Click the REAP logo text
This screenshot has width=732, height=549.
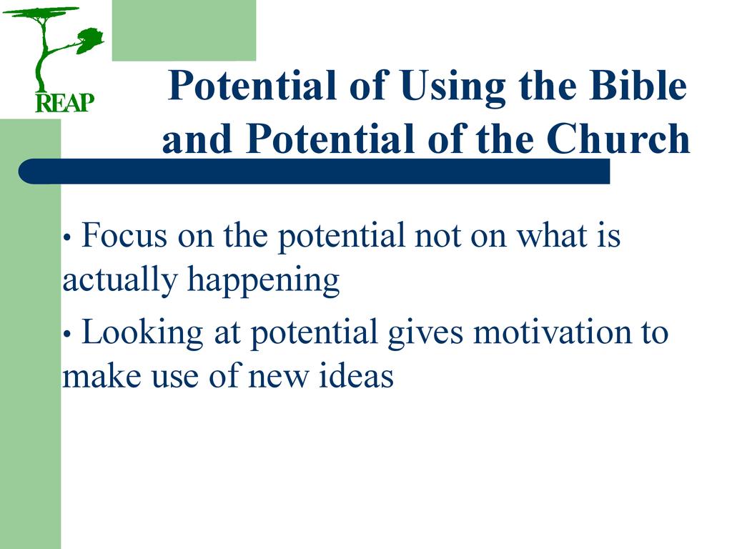pyautogui.click(x=65, y=103)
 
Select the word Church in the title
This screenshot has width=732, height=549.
pyautogui.click(x=618, y=139)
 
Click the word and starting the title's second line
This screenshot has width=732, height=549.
pyautogui.click(x=197, y=139)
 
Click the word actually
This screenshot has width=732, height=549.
pyautogui.click(x=119, y=280)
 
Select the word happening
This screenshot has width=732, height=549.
pyautogui.click(x=263, y=280)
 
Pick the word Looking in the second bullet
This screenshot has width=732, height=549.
pyautogui.click(x=142, y=333)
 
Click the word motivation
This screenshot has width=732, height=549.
pyautogui.click(x=552, y=332)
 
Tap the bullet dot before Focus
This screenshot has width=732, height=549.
pyautogui.click(x=66, y=237)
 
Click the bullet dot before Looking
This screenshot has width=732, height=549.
pyautogui.click(x=66, y=335)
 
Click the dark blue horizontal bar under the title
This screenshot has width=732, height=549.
pyautogui.click(x=315, y=172)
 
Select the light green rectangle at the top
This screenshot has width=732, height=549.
pyautogui.click(x=184, y=30)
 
